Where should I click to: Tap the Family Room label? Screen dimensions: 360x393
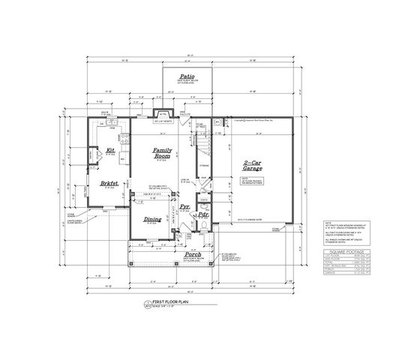coord(163,153)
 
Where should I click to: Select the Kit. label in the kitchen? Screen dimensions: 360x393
coord(110,150)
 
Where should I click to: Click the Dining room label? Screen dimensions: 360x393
coord(154,220)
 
